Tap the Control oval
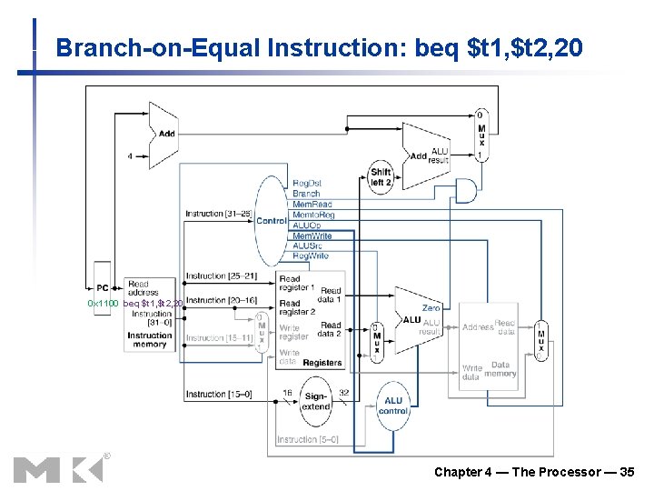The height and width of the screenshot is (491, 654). [271, 220]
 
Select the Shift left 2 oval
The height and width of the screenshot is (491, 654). [381, 176]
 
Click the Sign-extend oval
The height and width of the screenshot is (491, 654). [315, 401]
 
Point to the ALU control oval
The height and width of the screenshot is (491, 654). [393, 406]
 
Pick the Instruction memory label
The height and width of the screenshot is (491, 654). [150, 339]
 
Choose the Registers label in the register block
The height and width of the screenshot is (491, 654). [322, 363]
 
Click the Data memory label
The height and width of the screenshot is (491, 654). [500, 368]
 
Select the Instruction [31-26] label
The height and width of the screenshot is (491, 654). [217, 214]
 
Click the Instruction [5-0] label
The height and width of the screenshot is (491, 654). [308, 439]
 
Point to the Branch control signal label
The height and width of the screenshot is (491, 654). [306, 194]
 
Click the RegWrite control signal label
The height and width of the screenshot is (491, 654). [311, 256]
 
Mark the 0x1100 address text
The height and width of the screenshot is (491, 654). [103, 303]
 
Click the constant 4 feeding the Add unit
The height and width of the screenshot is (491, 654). [130, 155]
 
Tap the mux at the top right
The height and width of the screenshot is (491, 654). [481, 136]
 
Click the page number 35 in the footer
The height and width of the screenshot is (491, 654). [626, 472]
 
